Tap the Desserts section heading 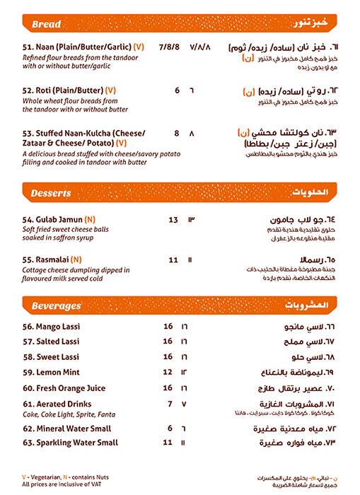click(52, 193)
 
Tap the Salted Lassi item click(52, 341)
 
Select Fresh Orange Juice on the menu click(64, 388)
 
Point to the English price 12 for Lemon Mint click(168, 371)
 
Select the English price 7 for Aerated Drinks click(170, 403)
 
